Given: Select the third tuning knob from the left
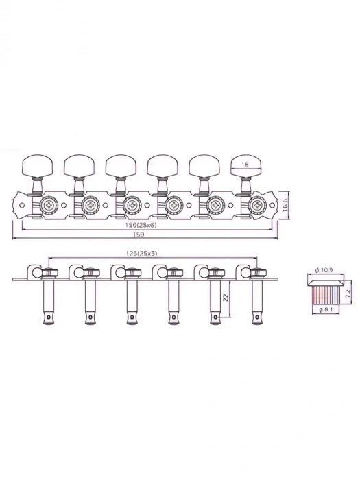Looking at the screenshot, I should pyautogui.click(x=119, y=165).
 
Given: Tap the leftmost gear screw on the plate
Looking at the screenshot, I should pyautogui.click(x=49, y=204).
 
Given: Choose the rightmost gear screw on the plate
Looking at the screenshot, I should pyautogui.click(x=258, y=204).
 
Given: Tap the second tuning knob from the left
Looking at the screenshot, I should pyautogui.click(x=77, y=165).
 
